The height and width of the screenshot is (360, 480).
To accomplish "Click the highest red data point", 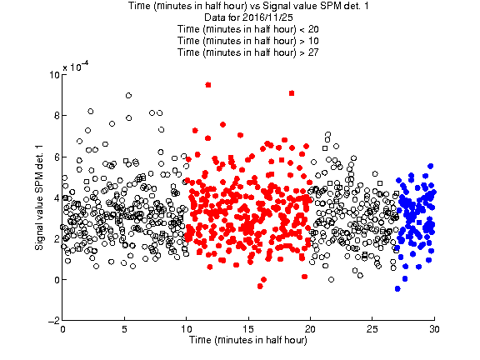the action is [x=208, y=85].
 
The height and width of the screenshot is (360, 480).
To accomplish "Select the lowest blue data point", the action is [x=397, y=288].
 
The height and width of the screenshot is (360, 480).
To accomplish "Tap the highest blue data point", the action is [x=430, y=166].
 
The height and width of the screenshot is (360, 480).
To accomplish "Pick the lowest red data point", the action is [x=260, y=286].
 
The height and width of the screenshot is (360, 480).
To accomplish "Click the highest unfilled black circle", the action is [x=128, y=96].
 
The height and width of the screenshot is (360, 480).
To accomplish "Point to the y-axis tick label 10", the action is [x=54, y=75].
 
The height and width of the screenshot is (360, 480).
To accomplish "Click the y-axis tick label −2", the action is [x=53, y=321].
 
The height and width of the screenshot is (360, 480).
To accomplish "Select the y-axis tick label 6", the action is [x=57, y=157].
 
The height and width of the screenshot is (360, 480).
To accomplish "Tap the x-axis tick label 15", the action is [x=248, y=329].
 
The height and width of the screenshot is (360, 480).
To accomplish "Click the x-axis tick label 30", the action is [x=434, y=329].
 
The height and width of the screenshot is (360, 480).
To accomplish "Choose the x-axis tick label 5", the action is [x=124, y=329].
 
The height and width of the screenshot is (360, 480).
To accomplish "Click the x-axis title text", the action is [x=248, y=340].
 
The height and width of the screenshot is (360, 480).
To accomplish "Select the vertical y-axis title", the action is [x=39, y=197].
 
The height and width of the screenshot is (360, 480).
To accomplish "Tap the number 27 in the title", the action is [x=313, y=52].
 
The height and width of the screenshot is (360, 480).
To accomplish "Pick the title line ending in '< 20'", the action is [x=248, y=29].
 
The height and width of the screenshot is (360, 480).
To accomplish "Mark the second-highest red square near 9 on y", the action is [x=292, y=93].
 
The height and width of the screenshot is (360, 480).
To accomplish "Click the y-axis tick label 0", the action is [x=57, y=279].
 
